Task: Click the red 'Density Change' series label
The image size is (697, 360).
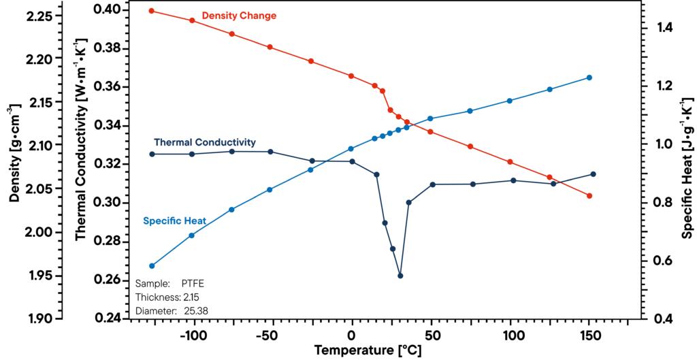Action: [239, 16]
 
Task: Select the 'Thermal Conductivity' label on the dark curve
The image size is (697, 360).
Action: [204, 142]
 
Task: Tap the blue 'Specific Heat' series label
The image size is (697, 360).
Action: [174, 220]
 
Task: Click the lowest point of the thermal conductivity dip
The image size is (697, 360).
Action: [400, 276]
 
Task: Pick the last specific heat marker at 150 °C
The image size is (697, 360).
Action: [589, 78]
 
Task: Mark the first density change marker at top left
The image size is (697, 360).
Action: [152, 11]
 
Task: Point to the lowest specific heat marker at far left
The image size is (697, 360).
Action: [152, 265]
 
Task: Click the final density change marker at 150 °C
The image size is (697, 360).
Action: [589, 196]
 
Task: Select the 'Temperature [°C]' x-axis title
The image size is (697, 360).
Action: [367, 351]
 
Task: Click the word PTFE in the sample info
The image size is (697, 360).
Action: [193, 283]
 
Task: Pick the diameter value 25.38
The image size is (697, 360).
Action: [196, 311]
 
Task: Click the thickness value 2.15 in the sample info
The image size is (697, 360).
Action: [191, 297]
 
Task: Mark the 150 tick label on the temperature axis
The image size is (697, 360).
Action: [589, 336]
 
